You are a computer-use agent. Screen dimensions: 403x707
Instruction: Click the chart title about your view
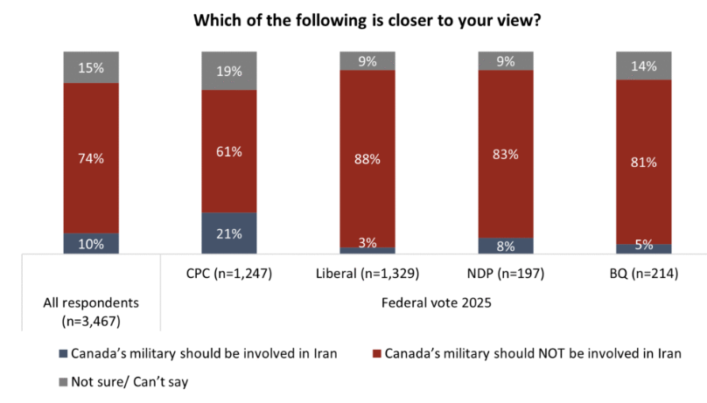pos(353,20)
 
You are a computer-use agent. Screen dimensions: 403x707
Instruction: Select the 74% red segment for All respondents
pos(91,158)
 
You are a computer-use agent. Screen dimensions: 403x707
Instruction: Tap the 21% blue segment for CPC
pos(229,233)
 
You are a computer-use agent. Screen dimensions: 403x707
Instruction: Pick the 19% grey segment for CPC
pos(229,70)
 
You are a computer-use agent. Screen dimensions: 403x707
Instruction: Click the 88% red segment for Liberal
pos(367,158)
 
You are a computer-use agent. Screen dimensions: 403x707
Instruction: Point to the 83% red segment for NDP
pos(506,154)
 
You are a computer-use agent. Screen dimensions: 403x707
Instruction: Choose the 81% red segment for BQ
pos(644,162)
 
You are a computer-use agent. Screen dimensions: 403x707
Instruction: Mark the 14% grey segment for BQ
pos(644,66)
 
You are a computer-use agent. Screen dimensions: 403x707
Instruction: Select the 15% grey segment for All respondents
pos(91,66)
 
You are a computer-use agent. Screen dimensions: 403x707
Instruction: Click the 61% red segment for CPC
pos(229,151)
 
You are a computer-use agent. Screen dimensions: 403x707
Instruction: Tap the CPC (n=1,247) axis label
pos(229,274)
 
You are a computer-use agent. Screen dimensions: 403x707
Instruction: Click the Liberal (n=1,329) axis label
pos(367,274)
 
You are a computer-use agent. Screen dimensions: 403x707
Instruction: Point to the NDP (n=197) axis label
pos(506,274)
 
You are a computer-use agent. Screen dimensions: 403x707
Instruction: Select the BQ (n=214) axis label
pos(644,274)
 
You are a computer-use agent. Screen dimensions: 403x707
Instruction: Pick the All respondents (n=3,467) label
pos(91,312)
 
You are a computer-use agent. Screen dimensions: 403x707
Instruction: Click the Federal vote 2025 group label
pos(436,303)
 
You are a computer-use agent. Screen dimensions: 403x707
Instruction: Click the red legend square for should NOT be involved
pos(377,354)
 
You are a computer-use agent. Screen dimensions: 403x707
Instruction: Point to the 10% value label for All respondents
pos(91,244)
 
